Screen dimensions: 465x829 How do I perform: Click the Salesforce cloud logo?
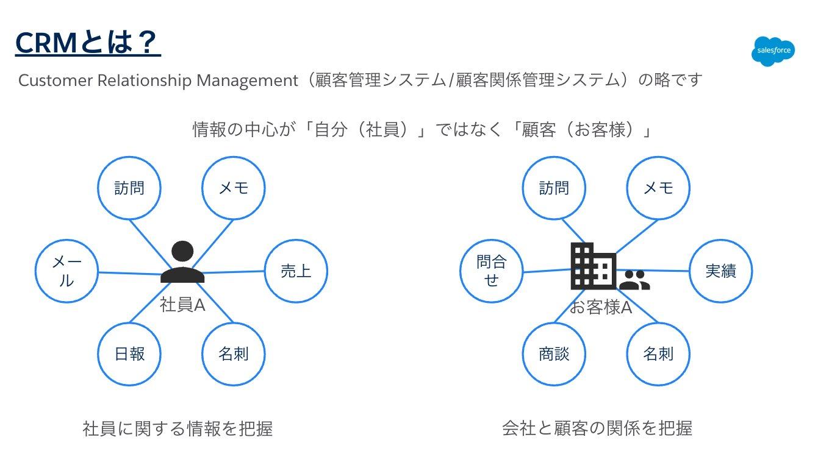(773, 51)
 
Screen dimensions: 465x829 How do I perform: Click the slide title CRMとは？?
(87, 43)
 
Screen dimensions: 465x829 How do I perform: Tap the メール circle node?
(66, 271)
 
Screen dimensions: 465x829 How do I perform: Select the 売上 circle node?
(296, 271)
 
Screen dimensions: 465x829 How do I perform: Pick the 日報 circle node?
(129, 353)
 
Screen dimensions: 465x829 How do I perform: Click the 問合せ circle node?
(491, 271)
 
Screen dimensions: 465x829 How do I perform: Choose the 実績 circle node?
(720, 271)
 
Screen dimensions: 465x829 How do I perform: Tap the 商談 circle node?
(554, 353)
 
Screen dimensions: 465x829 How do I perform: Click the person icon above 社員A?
(182, 263)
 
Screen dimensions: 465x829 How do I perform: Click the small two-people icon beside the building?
(634, 280)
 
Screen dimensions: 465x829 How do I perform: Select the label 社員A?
(182, 305)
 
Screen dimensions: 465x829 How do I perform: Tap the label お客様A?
(601, 308)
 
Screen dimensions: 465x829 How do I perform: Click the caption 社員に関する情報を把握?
(178, 429)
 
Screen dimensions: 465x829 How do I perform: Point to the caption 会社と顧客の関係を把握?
(597, 428)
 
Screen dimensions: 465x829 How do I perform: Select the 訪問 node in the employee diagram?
(129, 188)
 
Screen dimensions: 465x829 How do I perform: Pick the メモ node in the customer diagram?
(658, 188)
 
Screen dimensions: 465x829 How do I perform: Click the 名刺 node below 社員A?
(234, 353)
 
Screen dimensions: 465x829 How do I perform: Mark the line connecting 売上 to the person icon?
(235, 272)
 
